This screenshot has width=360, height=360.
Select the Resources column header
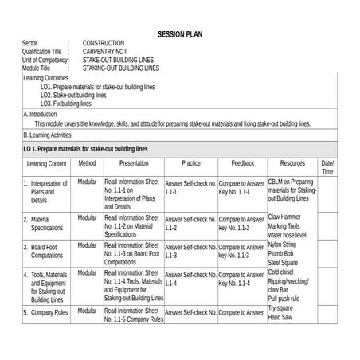(x=292, y=163)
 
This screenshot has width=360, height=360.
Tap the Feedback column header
(x=242, y=163)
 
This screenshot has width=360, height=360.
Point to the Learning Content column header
(x=46, y=163)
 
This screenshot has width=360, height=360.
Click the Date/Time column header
(x=327, y=167)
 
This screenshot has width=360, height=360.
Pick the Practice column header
(x=190, y=163)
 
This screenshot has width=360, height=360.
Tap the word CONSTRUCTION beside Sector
(x=108, y=43)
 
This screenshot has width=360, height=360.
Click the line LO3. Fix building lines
(x=66, y=104)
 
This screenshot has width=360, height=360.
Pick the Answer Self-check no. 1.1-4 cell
(x=190, y=278)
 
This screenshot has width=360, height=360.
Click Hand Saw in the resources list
(x=280, y=318)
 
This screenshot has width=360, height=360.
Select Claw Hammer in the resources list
(x=284, y=217)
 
